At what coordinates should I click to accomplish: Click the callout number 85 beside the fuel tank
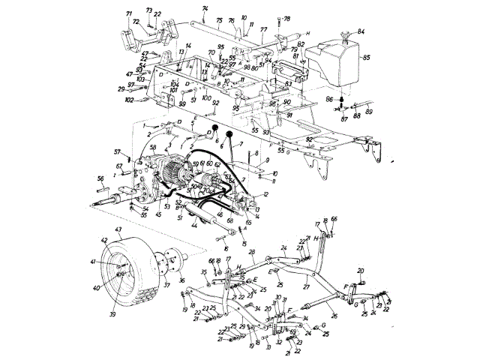pyautogui.click(x=367, y=57)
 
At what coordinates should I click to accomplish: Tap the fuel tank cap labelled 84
pyautogui.click(x=347, y=35)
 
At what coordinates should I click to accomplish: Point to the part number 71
pyautogui.click(x=128, y=13)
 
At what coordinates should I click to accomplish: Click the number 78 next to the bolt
pyautogui.click(x=288, y=18)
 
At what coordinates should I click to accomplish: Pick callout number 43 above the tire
pyautogui.click(x=118, y=229)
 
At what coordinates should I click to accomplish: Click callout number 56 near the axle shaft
pyautogui.click(x=100, y=178)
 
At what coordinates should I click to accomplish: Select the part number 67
pyautogui.click(x=118, y=166)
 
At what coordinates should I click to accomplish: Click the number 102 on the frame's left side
pyautogui.click(x=129, y=100)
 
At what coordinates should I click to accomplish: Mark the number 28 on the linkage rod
pyautogui.click(x=253, y=253)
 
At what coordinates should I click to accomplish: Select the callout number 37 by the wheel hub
pyautogui.click(x=166, y=306)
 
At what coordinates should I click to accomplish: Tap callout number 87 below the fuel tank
pyautogui.click(x=343, y=118)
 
